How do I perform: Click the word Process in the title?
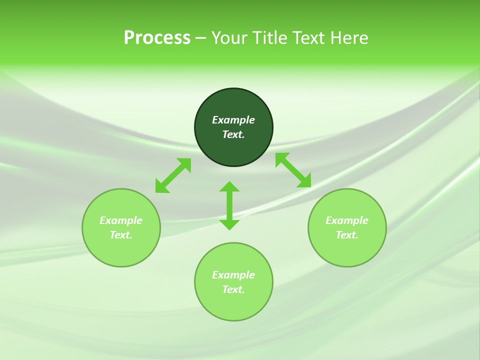[157, 38]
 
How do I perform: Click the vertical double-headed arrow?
[229, 205]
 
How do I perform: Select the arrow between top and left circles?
[173, 175]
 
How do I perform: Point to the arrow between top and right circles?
[293, 170]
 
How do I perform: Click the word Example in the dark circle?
[233, 120]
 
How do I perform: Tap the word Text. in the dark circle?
[233, 134]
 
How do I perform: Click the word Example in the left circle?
[121, 220]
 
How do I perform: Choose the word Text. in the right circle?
[347, 235]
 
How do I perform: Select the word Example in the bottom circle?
[233, 275]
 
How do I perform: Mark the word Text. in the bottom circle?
[233, 289]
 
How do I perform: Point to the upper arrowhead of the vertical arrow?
[229, 186]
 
